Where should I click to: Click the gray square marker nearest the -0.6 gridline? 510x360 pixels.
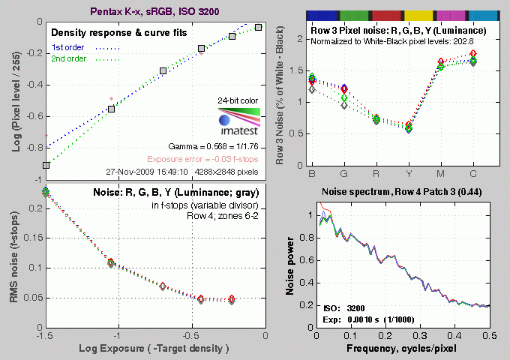(111, 109)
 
